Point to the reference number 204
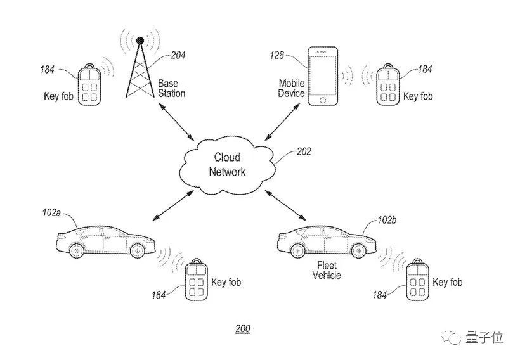tap(178, 55)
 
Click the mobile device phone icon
tap(323, 75)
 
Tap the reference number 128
tap(278, 56)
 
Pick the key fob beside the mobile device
tap(388, 84)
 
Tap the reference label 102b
tap(387, 220)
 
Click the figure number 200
tap(242, 328)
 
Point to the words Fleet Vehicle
tap(327, 270)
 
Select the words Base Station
tap(172, 88)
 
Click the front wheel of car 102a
tap(138, 250)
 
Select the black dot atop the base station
tap(140, 41)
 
